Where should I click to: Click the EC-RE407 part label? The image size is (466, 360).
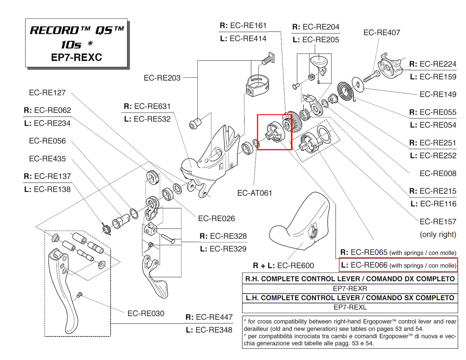tap(382, 33)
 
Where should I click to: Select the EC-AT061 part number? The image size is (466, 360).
tap(254, 193)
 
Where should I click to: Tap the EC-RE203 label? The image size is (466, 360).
tap(162, 78)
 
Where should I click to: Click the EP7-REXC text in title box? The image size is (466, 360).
tap(76, 57)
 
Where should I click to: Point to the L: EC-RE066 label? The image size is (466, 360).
tap(398, 265)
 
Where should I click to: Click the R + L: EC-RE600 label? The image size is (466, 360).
tap(283, 266)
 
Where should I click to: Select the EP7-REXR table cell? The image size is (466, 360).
tap(350, 288)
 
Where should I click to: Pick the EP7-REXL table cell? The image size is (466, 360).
tap(350, 307)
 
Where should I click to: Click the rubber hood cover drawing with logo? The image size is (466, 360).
tap(300, 222)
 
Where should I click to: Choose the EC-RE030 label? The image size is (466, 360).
tap(146, 314)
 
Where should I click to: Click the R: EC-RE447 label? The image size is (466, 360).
tap(209, 317)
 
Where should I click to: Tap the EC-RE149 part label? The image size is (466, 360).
tap(438, 94)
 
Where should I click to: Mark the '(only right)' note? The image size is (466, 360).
tap(438, 235)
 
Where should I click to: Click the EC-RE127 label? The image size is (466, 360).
tap(47, 93)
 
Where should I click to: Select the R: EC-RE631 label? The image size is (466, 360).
tap(147, 106)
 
